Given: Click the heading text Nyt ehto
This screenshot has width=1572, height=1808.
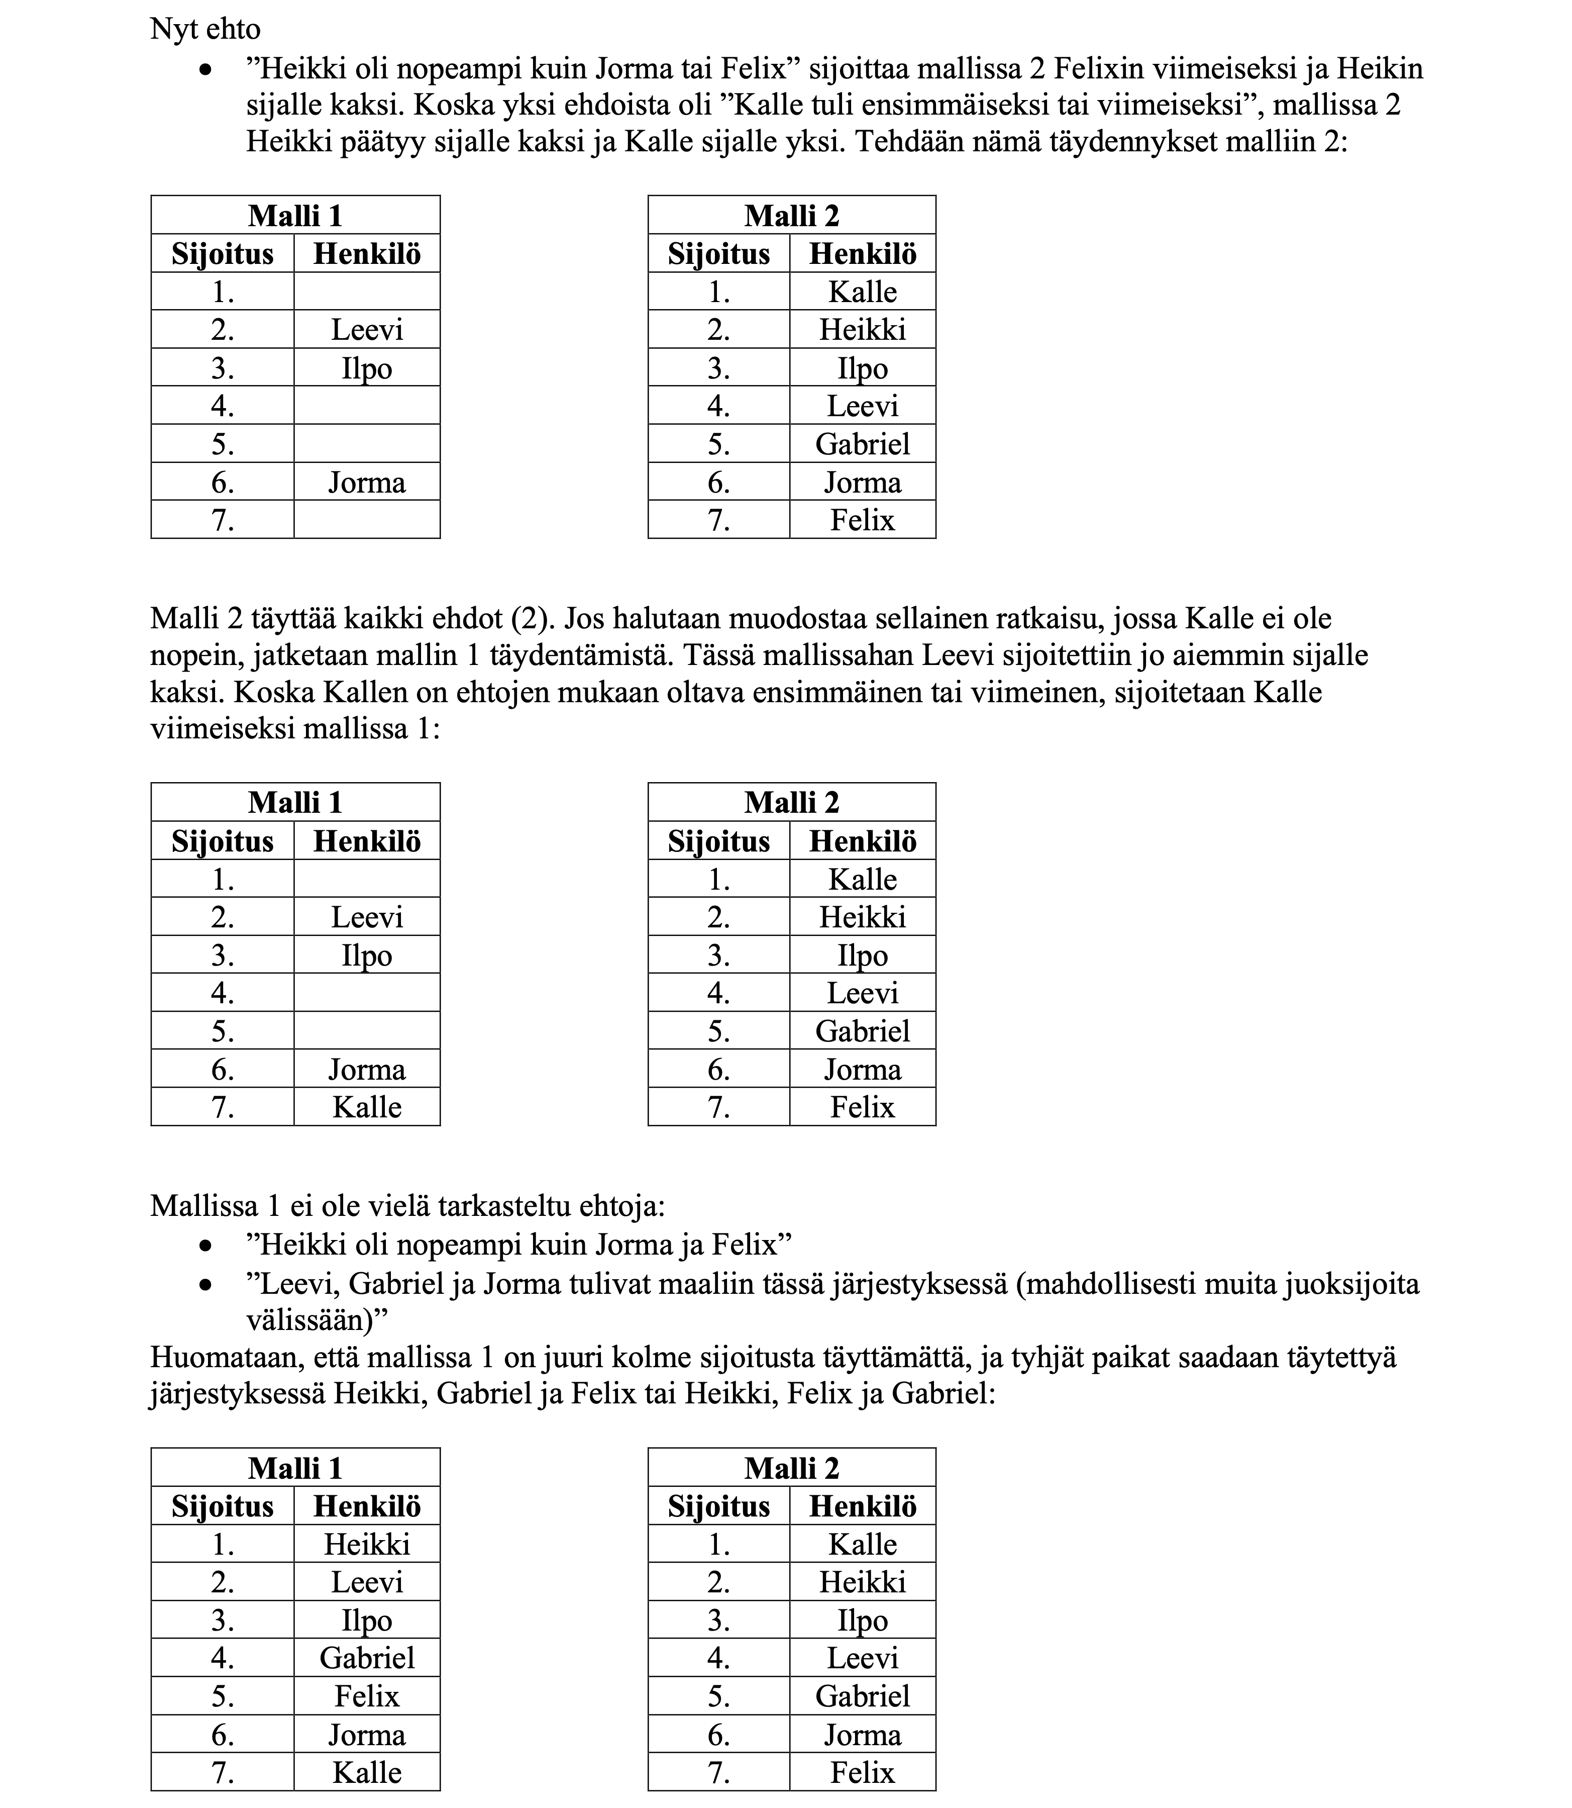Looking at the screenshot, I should pos(205,30).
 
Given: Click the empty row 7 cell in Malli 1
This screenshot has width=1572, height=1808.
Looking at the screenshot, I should pos(367,520).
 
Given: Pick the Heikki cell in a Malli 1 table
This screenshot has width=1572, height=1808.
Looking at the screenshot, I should pos(367,1544).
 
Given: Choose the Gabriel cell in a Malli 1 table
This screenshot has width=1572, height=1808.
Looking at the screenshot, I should pos(367,1658).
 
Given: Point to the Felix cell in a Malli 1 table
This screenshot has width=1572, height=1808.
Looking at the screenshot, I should pos(367,1695).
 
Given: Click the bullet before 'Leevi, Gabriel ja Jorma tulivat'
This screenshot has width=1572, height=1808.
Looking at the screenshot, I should pos(205,1285).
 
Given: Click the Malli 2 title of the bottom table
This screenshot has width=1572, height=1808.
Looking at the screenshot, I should pos(791,1468).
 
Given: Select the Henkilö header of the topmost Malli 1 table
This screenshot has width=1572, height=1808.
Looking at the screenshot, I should pos(367,254).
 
